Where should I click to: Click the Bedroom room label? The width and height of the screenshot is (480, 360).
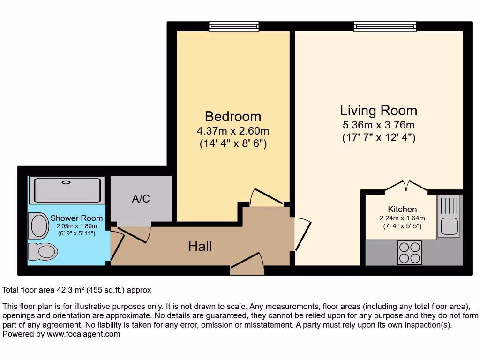tap(233, 116)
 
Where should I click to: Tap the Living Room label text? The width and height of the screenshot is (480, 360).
tap(378, 111)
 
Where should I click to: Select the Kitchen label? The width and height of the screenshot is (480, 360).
tap(402, 209)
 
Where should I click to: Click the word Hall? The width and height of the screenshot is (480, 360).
tap(200, 246)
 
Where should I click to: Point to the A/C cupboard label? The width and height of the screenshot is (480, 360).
tap(141, 199)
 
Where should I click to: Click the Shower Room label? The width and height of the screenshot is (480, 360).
tap(76, 218)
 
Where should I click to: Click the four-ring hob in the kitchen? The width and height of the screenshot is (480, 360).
tap(409, 252)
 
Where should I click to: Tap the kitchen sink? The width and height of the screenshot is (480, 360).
tap(450, 216)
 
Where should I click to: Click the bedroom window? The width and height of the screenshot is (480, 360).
tap(233, 27)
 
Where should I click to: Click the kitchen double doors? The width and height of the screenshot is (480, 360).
tap(406, 186)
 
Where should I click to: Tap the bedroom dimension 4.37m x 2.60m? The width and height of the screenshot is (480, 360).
tap(233, 131)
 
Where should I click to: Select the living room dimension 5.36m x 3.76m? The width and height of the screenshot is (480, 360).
tap(378, 125)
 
